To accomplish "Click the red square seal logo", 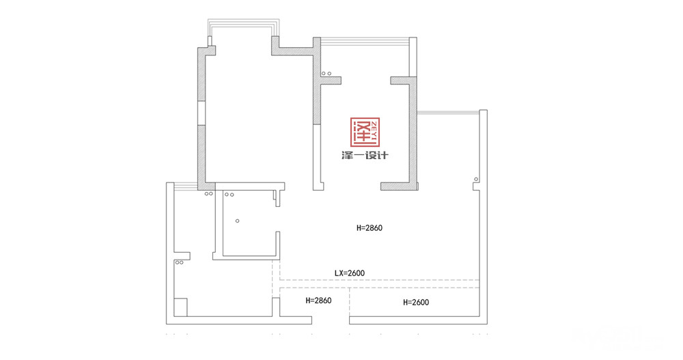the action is point(365,132).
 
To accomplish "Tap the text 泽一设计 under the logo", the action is point(365,156).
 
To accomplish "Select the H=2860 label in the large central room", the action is point(370,227).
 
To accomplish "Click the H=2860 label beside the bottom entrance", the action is point(318,301).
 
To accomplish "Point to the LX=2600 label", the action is point(349,273).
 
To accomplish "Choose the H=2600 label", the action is point(416,302).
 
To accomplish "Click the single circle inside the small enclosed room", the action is point(238,221).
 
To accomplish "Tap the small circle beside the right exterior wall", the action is point(476,180).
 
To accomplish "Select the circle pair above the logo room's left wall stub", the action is point(326,74).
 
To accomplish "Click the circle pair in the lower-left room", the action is point(179,262).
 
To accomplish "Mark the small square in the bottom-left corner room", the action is point(180,307).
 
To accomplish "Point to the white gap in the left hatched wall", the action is point(201,113).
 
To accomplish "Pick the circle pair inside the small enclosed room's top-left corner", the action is point(229,195).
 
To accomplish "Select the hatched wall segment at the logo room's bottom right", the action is point(400,186).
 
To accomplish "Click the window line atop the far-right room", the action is point(448,113).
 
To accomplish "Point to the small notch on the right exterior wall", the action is point(476,186).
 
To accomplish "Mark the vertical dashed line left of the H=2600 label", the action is point(349,302).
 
